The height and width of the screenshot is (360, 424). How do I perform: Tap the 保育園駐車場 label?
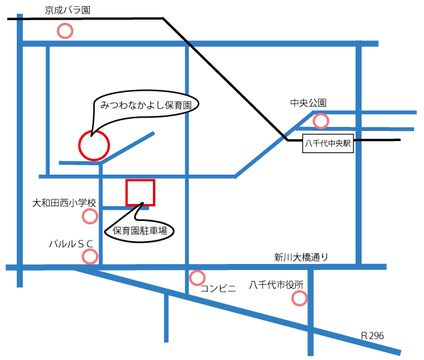click(x=140, y=231)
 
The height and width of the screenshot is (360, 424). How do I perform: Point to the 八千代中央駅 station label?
click(x=328, y=144)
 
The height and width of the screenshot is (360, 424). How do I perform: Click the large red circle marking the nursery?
click(x=94, y=144)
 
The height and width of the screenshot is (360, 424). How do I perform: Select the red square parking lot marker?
click(x=141, y=192)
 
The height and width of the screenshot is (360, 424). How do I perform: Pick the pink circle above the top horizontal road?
click(x=65, y=31)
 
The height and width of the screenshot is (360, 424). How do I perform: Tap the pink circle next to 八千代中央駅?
click(x=321, y=121)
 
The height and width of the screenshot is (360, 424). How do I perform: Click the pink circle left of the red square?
click(x=90, y=216)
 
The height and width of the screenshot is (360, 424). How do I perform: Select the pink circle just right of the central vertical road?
click(x=197, y=278)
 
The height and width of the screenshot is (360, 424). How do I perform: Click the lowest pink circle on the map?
click(x=299, y=298)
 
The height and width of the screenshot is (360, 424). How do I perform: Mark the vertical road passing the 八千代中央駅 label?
click(x=359, y=201)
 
